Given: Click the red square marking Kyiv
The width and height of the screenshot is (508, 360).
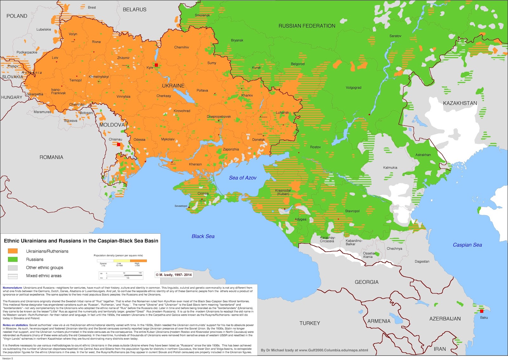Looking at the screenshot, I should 156,65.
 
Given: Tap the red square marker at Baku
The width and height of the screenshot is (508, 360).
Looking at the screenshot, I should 482,311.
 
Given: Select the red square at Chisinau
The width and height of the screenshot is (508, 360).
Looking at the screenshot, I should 119,144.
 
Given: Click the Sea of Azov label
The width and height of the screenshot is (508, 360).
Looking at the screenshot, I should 243,178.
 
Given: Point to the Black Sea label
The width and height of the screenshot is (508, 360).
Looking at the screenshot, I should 203,236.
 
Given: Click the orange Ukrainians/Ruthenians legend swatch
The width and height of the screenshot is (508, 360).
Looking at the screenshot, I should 13,251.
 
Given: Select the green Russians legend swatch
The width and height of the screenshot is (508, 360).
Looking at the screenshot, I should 13,259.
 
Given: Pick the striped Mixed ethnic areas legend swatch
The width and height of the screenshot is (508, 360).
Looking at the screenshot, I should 13,276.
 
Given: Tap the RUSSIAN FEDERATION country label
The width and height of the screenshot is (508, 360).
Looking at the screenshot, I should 307,26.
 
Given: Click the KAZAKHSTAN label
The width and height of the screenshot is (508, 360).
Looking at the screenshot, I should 460,103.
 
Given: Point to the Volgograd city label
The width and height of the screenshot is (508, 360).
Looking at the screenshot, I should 353,88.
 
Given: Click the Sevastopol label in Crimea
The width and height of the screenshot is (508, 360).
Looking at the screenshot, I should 181,206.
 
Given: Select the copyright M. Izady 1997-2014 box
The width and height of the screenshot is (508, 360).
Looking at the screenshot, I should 174,275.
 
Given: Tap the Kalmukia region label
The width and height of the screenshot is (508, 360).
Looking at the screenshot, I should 390,168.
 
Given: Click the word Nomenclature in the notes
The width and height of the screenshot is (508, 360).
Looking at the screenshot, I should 12,288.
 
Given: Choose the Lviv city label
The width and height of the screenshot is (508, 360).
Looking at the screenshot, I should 55,58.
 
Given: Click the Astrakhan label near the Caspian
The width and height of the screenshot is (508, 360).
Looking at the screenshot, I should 423,155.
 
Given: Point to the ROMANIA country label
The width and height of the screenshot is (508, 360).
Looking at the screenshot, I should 51,157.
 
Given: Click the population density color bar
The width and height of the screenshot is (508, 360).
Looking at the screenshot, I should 122,261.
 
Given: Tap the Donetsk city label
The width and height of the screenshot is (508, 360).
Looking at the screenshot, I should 258,140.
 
